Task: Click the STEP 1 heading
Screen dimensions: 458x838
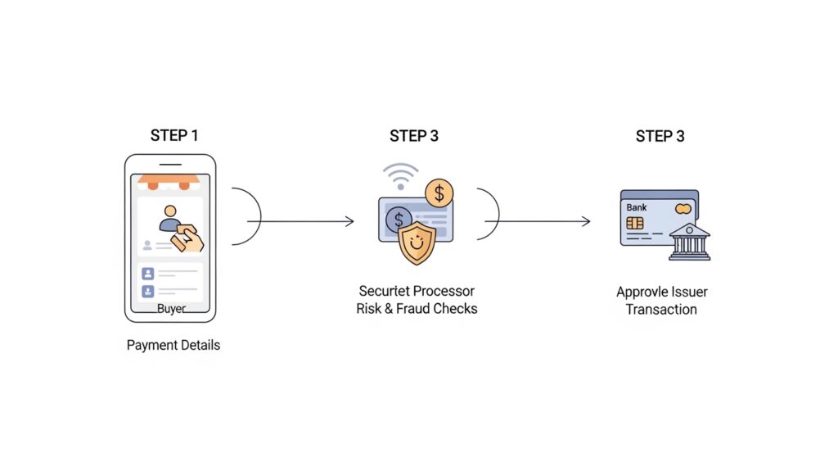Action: point(174,135)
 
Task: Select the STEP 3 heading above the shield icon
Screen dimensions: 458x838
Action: point(414,135)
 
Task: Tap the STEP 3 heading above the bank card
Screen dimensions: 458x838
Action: point(660,135)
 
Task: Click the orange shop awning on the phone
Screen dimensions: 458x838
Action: point(169,180)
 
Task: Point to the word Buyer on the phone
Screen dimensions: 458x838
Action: point(171,309)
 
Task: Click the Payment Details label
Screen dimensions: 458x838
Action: point(173,345)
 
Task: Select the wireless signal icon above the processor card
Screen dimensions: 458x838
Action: point(400,175)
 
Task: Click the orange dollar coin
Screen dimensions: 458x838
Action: point(439,193)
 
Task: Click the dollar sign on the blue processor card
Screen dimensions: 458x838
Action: point(399,220)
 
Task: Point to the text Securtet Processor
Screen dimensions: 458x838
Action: point(417,291)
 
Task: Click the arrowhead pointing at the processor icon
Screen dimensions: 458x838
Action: point(350,221)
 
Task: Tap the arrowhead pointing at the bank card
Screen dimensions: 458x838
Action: point(586,221)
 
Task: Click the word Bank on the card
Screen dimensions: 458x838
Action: point(636,208)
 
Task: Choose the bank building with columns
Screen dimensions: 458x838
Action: point(689,242)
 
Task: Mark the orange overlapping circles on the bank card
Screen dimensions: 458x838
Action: point(683,209)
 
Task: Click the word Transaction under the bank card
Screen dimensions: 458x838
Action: point(661,310)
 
